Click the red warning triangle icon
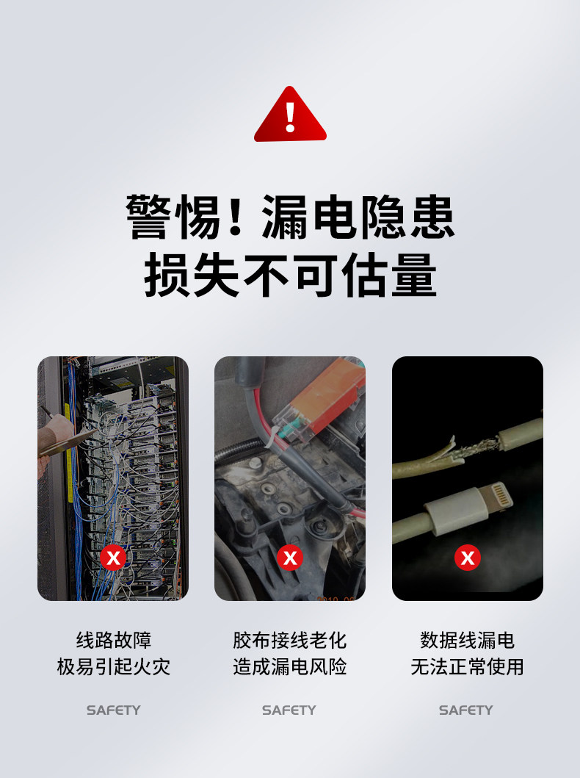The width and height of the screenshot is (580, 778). coord(290,115)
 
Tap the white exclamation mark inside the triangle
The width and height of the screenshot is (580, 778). coord(291,117)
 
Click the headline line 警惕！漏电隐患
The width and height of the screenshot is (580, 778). coord(290,217)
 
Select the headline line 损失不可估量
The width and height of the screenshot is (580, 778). coord(290,274)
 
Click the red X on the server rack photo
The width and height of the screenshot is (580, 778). coord(113,558)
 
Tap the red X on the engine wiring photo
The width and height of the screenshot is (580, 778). coord(290,558)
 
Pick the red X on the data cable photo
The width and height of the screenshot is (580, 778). coord(468,558)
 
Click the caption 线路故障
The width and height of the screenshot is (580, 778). coord(114,640)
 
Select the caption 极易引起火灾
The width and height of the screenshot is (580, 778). coord(114,666)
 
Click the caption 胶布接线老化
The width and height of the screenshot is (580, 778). coord(290,640)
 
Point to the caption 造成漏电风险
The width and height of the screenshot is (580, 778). coord(290,666)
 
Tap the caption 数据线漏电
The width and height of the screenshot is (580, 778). coord(468,640)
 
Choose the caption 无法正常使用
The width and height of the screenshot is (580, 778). coord(468,666)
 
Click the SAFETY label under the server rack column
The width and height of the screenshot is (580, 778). coord(114,710)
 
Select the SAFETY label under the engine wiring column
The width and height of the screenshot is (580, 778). coord(289,710)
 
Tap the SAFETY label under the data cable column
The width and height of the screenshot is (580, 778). coord(466,710)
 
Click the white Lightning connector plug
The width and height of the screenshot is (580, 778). coord(468,507)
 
